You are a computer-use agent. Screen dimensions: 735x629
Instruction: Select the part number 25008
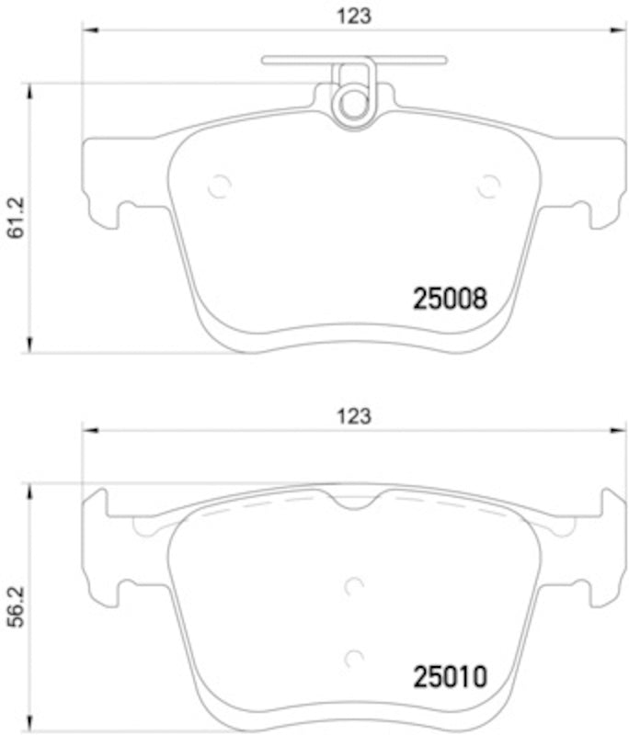click(448, 298)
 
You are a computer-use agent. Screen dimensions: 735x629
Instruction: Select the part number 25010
click(448, 679)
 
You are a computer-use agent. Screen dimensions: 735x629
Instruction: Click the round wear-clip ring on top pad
click(353, 103)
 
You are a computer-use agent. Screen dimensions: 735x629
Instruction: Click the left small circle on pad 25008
click(219, 186)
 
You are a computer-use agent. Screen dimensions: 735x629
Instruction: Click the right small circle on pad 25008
click(488, 186)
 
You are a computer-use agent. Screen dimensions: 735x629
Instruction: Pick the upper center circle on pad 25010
click(355, 585)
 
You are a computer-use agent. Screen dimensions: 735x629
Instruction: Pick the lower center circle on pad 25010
click(355, 658)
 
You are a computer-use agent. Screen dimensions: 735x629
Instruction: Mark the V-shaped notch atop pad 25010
click(354, 502)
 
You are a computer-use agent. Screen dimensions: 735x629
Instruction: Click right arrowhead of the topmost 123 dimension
click(617, 29)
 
